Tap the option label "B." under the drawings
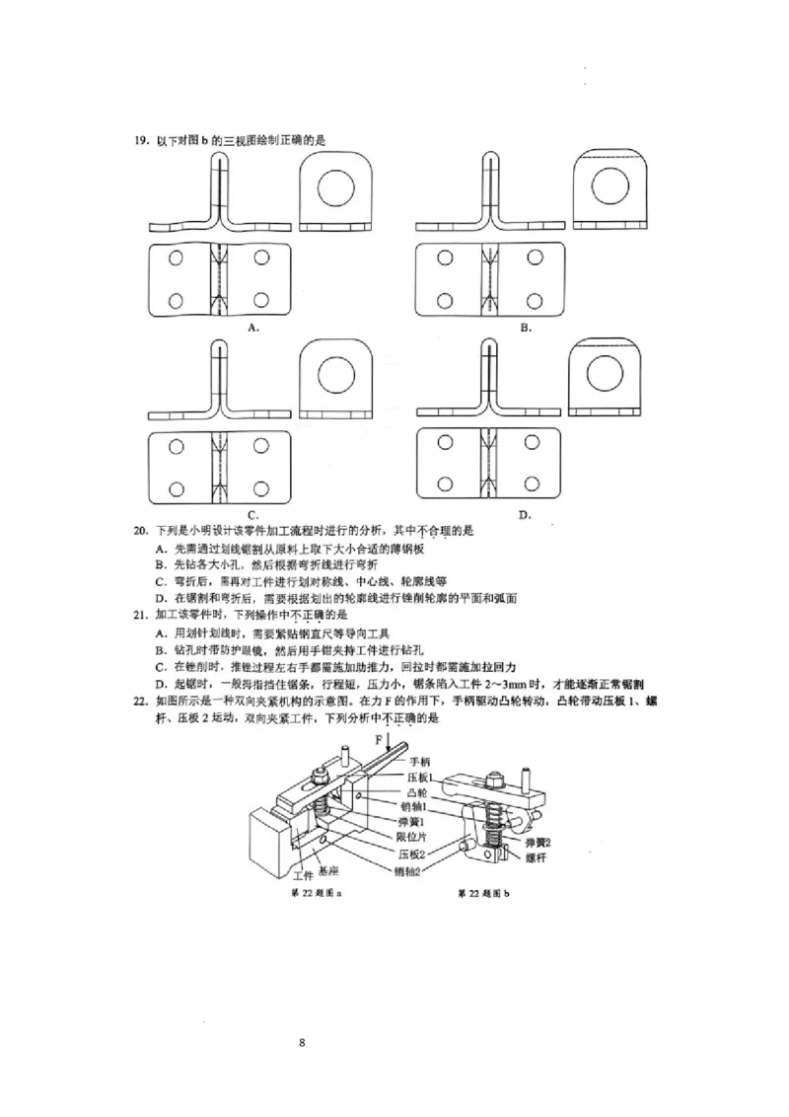(526, 326)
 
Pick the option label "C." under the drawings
(253, 514)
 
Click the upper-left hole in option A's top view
(176, 259)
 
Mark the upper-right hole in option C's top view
(261, 446)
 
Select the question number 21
(140, 613)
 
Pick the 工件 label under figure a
(303, 874)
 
